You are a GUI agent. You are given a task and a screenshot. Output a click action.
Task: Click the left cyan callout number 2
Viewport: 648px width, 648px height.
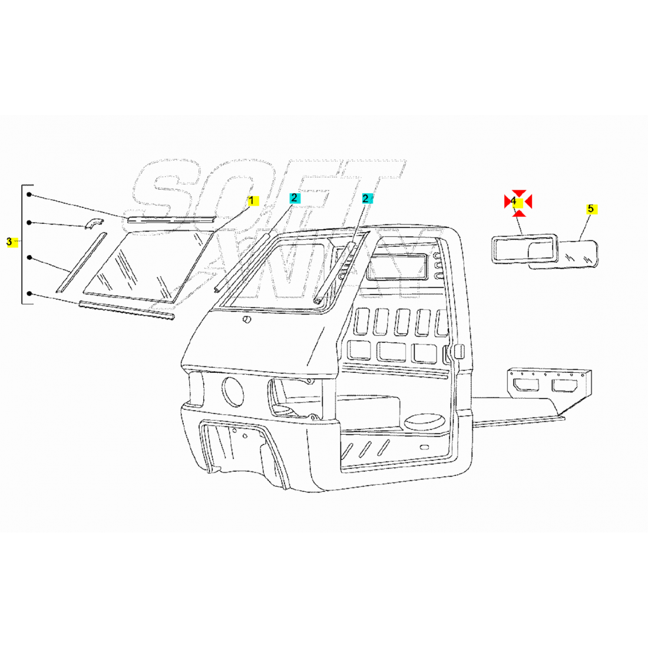pos(295,198)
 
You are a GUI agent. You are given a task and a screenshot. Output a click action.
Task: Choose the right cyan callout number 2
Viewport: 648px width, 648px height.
pos(366,199)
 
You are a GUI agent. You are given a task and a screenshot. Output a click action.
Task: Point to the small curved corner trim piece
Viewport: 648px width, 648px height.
pos(94,224)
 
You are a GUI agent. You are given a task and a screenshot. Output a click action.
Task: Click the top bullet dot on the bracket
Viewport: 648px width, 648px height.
pos(29,194)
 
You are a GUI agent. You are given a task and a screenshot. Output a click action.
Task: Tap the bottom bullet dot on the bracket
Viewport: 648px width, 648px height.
pos(29,293)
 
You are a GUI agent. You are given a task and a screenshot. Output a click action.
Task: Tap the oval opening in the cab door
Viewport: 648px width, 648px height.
pos(422,422)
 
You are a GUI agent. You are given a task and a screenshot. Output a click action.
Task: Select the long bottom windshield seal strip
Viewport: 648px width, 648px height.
pos(127,310)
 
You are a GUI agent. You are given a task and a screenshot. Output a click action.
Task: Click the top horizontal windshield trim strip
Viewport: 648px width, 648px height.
pos(171,219)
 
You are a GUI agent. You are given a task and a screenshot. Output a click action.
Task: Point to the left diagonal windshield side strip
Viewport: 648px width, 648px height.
pos(81,263)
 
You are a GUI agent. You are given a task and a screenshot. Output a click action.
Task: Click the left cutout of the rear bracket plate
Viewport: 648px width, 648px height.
pos(526,385)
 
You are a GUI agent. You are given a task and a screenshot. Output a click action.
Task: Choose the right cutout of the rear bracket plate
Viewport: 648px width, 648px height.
pos(565,386)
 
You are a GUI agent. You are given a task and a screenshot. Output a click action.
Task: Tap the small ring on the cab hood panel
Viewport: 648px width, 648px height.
pos(247,319)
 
